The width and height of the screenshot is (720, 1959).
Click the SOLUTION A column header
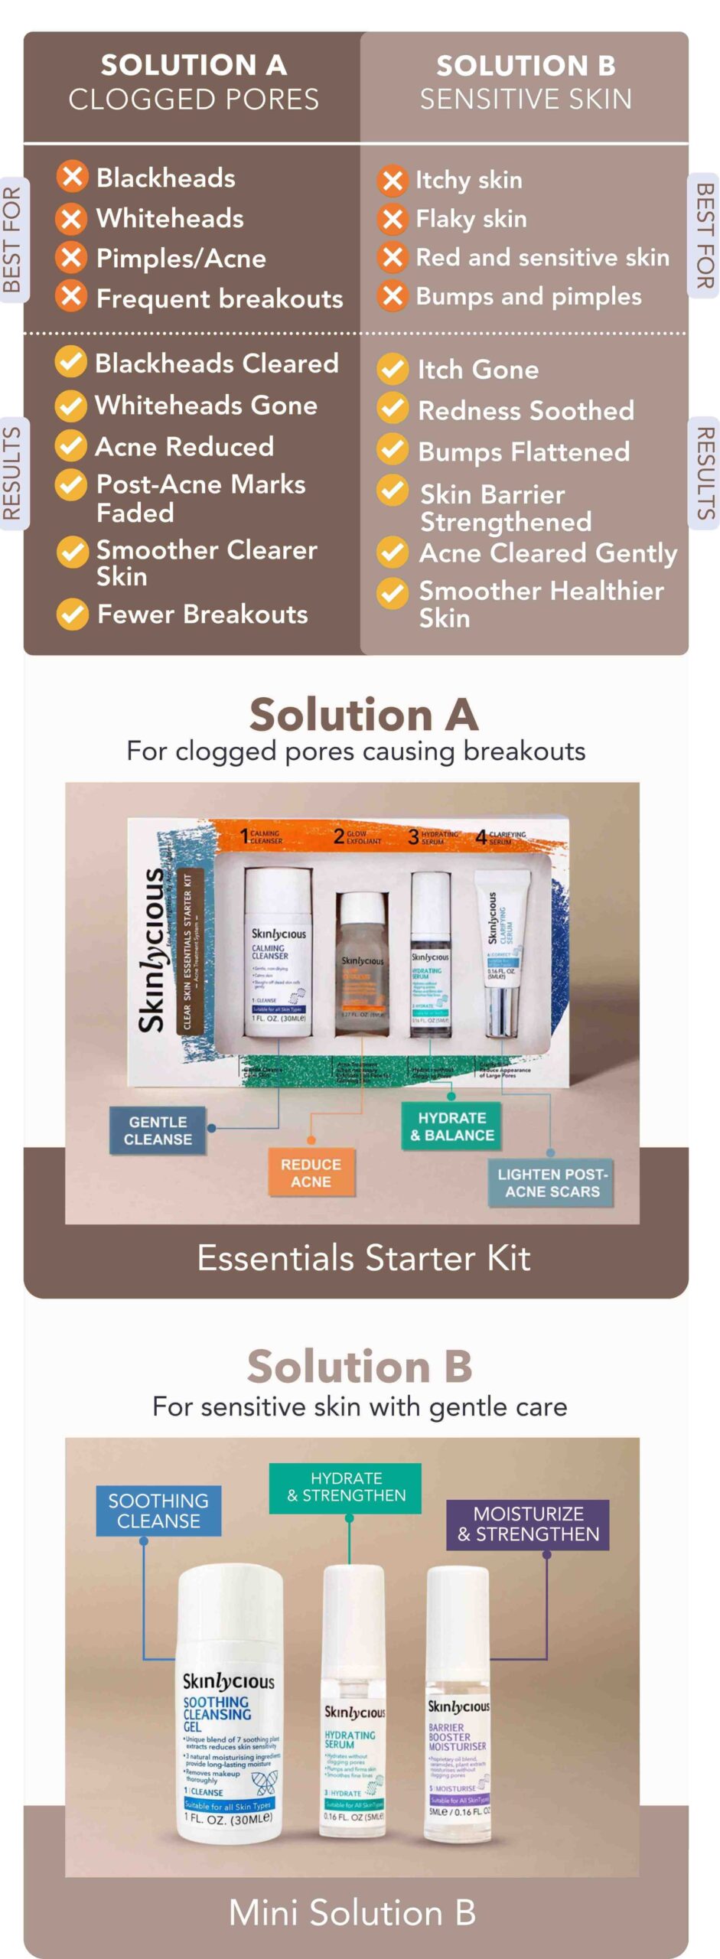pyautogui.click(x=193, y=82)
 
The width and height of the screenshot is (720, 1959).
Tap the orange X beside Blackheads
pyautogui.click(x=71, y=178)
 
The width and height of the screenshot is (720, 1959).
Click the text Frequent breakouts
pyautogui.click(x=219, y=298)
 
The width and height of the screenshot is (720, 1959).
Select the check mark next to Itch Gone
pyautogui.click(x=393, y=369)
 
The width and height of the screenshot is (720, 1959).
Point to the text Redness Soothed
pyautogui.click(x=526, y=411)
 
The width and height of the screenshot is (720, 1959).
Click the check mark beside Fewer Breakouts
pyautogui.click(x=73, y=614)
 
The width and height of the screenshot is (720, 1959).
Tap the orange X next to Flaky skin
pyautogui.click(x=393, y=220)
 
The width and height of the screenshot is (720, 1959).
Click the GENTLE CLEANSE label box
pyautogui.click(x=158, y=1130)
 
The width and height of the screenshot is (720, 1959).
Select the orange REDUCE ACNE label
pyautogui.click(x=311, y=1172)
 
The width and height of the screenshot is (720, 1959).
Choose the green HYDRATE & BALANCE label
pyautogui.click(x=452, y=1126)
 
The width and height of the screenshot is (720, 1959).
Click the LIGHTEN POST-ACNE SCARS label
pyautogui.click(x=552, y=1183)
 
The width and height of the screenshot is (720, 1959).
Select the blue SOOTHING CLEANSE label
pyautogui.click(x=158, y=1511)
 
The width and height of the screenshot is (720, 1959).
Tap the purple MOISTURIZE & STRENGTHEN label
pyautogui.click(x=528, y=1524)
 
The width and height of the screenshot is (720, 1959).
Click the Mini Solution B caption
pyautogui.click(x=352, y=1913)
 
